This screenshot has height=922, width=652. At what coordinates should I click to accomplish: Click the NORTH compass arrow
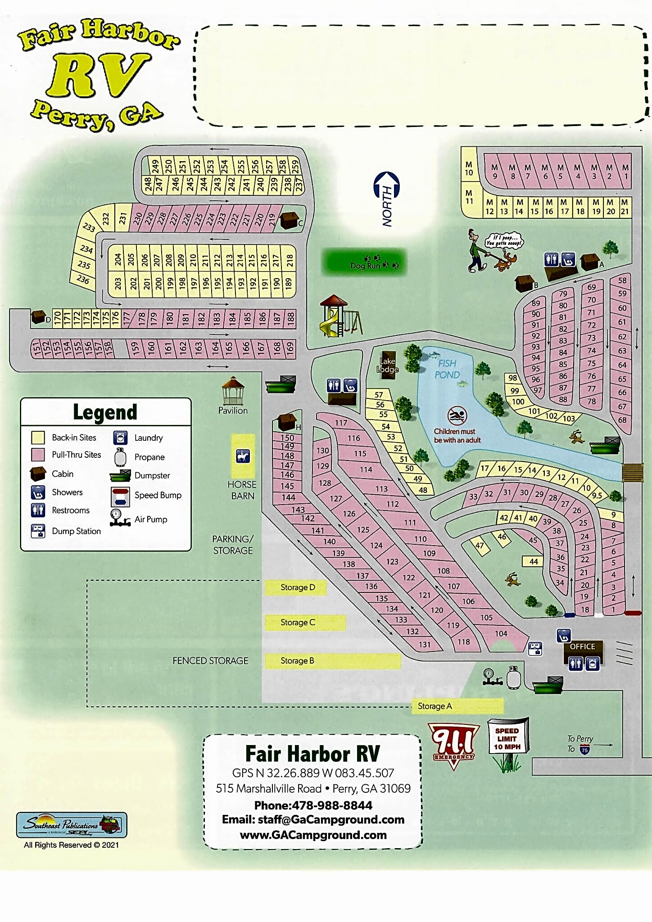387,199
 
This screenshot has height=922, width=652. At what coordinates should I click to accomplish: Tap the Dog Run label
365,265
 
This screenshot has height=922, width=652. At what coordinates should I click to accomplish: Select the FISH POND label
447,369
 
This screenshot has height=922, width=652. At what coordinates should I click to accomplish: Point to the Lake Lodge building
388,365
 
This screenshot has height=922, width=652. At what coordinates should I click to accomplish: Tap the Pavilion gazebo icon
233,391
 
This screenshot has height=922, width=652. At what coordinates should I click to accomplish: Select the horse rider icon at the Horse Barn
243,456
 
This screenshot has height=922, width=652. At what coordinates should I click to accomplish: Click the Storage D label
297,587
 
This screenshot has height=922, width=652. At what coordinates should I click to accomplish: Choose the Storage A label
435,706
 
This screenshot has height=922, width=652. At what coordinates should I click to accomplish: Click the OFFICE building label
582,646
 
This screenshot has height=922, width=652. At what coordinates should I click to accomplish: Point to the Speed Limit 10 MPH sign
507,739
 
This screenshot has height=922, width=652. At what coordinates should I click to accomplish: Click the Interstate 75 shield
584,750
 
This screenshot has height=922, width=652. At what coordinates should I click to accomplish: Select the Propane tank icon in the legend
120,457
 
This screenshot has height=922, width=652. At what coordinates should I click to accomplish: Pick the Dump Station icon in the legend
38,531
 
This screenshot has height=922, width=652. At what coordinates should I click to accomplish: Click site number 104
501,633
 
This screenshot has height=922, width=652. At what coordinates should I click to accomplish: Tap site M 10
469,169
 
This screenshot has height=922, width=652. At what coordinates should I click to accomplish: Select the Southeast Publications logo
71,825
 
